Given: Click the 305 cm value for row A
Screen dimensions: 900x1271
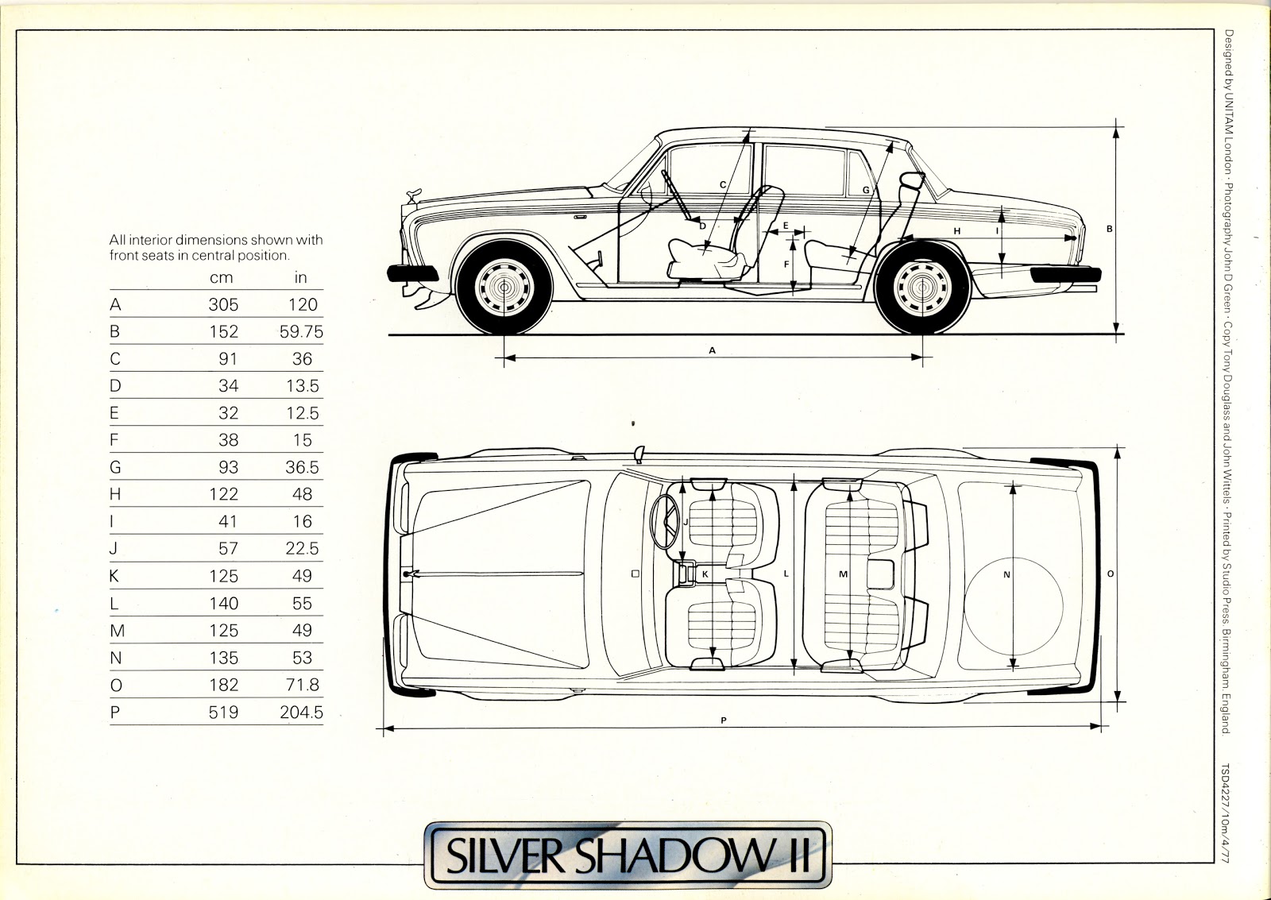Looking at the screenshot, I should (223, 304).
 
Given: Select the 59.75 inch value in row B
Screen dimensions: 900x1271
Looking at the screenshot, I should (301, 331).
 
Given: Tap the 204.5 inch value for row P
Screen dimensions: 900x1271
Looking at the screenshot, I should (301, 712).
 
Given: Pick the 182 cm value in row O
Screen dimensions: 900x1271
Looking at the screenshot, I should (223, 685).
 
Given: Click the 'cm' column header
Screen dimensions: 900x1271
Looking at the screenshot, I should (221, 277).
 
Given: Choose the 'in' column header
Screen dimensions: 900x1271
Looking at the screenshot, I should (300, 277).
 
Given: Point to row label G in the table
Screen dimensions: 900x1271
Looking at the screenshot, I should (115, 467).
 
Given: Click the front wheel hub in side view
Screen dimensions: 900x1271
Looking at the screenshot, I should (504, 288).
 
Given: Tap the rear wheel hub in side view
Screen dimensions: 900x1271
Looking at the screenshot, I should (923, 288).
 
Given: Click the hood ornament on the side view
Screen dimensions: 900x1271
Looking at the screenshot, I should (413, 194).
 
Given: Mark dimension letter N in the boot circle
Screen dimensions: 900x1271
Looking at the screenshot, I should (1006, 574).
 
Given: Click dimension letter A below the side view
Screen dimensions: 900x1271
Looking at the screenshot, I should (713, 350).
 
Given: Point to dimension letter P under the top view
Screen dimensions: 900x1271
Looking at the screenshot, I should (724, 720).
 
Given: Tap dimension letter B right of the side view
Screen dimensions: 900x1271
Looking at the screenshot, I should (1110, 230).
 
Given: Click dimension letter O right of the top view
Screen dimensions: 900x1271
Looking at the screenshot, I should (1110, 574).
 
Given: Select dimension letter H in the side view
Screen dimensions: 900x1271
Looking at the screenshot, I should (957, 231).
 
